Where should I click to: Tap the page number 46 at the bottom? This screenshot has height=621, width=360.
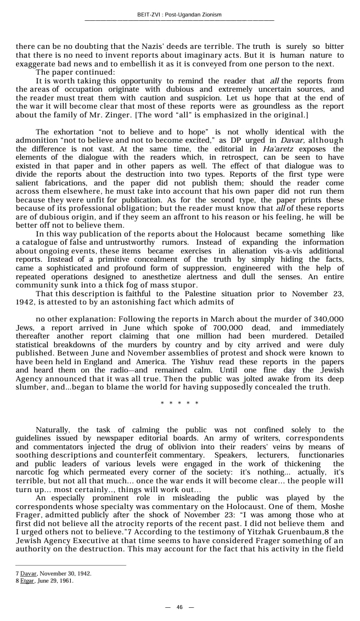(x=179, y=607)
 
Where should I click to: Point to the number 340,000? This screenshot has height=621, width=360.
(x=328, y=318)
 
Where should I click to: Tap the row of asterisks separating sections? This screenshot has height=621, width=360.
(x=179, y=404)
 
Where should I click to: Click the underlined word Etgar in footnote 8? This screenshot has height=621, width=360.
(x=27, y=580)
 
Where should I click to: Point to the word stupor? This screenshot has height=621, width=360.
(x=184, y=285)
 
